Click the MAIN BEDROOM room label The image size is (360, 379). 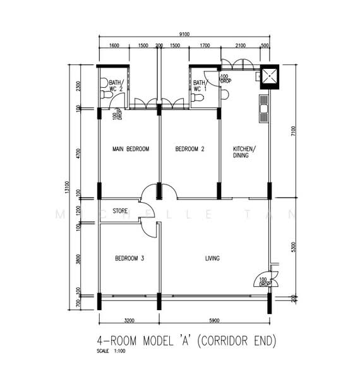(130, 149)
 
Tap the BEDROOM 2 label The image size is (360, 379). (189, 149)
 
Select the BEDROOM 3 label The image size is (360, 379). (129, 258)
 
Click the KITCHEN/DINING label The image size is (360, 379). (243, 152)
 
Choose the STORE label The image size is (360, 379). (120, 211)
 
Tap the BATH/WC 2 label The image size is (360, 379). (115, 85)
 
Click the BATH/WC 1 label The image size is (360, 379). (200, 85)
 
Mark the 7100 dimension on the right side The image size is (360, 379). (292, 130)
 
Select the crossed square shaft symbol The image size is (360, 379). (270, 76)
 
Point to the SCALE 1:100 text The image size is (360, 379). (112, 351)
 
